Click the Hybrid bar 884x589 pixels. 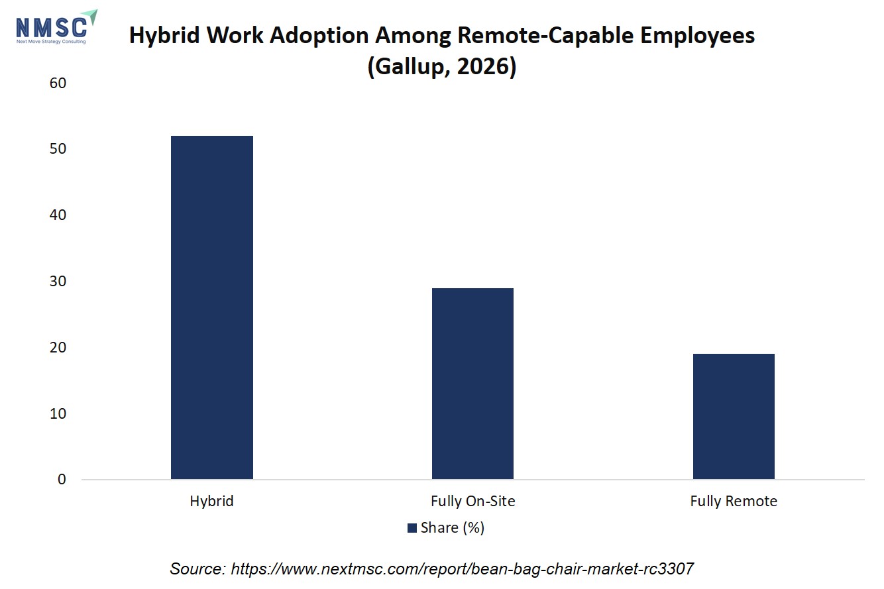click(212, 307)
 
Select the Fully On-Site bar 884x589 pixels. click(472, 384)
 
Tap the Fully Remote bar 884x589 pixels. click(734, 416)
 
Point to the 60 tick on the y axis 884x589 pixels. click(58, 83)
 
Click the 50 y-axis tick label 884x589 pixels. click(58, 148)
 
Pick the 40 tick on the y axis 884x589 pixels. click(58, 215)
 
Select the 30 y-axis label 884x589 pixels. click(58, 282)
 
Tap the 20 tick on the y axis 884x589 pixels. click(58, 348)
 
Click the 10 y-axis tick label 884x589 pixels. click(58, 414)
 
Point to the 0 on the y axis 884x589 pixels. click(62, 479)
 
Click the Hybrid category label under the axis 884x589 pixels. click(211, 501)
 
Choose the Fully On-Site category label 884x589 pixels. click(472, 501)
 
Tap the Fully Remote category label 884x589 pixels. click(734, 501)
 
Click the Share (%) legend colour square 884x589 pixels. click(412, 528)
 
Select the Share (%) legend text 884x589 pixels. click(452, 528)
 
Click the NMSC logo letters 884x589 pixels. click(51, 28)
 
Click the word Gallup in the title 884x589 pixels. click(409, 66)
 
